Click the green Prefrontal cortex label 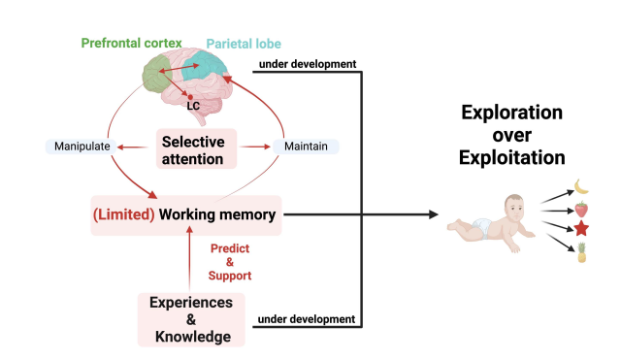click(x=132, y=43)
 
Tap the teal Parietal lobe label click(x=244, y=44)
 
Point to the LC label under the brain click(x=193, y=106)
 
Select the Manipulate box click(x=82, y=147)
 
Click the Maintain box click(x=306, y=147)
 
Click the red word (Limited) click(x=123, y=214)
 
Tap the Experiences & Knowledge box click(x=191, y=319)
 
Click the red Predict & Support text click(x=230, y=262)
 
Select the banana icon click(x=581, y=187)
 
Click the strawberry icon click(x=581, y=209)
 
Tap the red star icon click(x=581, y=228)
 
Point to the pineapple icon click(x=581, y=252)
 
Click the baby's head click(x=515, y=208)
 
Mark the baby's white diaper click(x=481, y=228)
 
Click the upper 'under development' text click(x=308, y=64)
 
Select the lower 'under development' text click(x=307, y=319)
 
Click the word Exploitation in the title click(x=511, y=157)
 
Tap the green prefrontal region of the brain click(x=157, y=74)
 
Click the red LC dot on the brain click(x=190, y=97)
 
